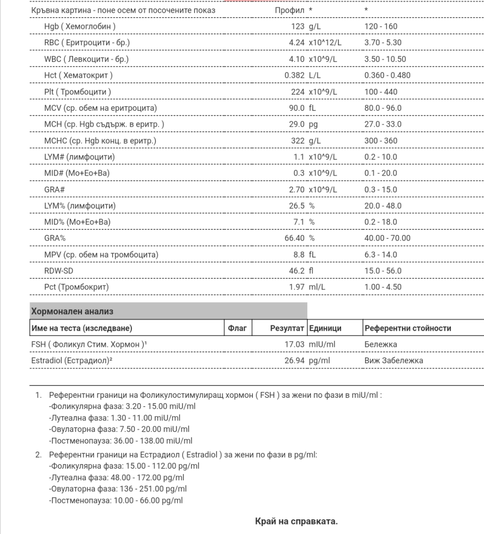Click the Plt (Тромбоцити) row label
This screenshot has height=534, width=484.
[77, 92]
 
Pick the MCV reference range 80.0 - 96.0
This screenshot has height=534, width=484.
[383, 108]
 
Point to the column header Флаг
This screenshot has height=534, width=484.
[239, 328]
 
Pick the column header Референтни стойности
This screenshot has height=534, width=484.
[407, 328]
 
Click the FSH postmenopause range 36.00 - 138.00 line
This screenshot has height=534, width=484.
[120, 440]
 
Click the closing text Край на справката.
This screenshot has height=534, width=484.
[296, 521]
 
